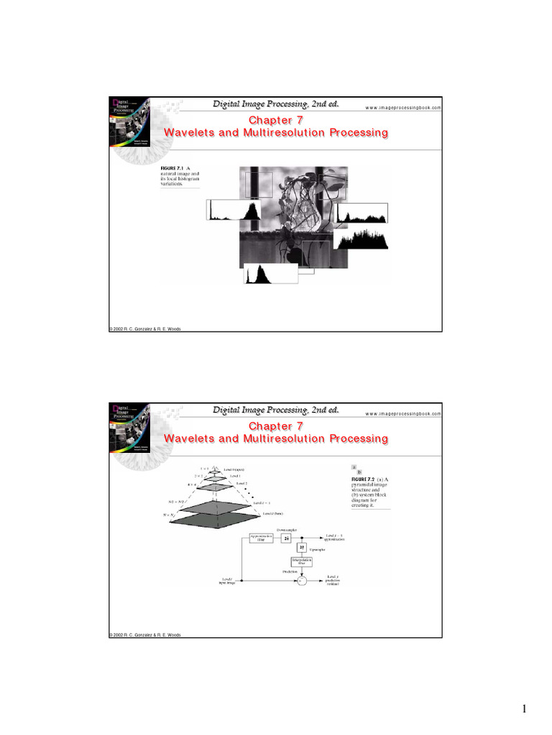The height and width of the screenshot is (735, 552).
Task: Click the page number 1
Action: pyautogui.click(x=525, y=710)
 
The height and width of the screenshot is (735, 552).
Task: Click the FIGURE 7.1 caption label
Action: pyautogui.click(x=172, y=169)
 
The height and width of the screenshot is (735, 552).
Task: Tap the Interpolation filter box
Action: pyautogui.click(x=302, y=562)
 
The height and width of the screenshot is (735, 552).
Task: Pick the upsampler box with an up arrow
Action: pyautogui.click(x=302, y=548)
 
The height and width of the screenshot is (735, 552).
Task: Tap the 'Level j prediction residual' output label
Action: pyautogui.click(x=332, y=580)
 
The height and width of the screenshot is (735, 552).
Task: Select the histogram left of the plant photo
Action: pyautogui.click(x=233, y=210)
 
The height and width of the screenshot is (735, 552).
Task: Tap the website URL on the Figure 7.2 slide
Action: pyautogui.click(x=402, y=413)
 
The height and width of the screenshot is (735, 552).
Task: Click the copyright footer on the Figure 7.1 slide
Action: pyautogui.click(x=144, y=329)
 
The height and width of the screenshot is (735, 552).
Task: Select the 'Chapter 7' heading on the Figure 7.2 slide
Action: pyautogui.click(x=275, y=426)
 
